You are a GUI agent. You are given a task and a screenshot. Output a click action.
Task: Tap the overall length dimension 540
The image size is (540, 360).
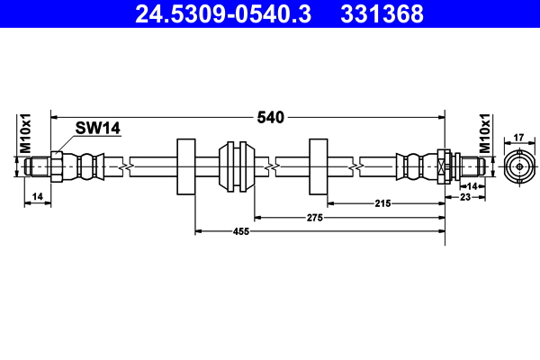click(x=270, y=117)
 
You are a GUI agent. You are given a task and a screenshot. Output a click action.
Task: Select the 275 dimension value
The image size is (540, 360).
click(x=313, y=217)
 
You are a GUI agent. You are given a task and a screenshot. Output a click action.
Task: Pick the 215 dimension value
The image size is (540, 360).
click(x=382, y=203)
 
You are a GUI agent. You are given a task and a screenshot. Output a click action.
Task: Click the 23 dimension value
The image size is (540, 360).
click(x=465, y=196)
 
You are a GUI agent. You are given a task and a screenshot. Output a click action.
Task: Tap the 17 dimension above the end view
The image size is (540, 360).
click(x=518, y=138)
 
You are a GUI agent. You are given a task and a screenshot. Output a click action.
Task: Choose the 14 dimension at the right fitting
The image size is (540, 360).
click(x=473, y=184)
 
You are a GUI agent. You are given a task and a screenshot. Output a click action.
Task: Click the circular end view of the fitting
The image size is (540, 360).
click(x=518, y=166)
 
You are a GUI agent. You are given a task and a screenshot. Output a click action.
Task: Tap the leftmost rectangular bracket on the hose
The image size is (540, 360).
click(x=186, y=166)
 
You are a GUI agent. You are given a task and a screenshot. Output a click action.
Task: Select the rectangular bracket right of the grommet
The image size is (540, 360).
click(x=319, y=166)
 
